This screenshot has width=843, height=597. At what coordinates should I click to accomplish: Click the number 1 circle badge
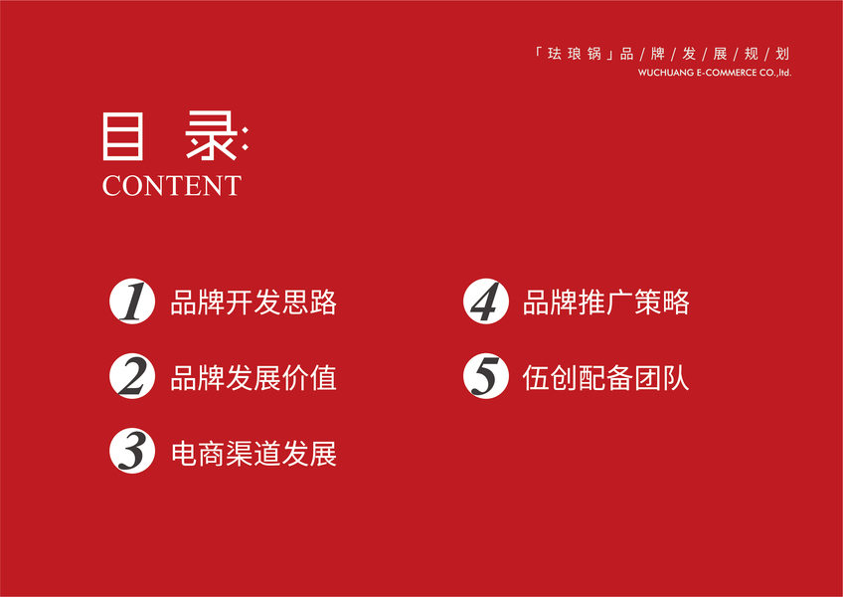pos(132,301)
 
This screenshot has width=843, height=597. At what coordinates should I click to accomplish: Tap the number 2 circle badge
pos(132,376)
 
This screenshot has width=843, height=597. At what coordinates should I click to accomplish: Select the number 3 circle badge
pos(132,451)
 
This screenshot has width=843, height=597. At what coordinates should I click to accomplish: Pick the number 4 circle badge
pos(486,301)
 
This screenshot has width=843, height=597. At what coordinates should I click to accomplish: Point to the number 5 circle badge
pos(486,376)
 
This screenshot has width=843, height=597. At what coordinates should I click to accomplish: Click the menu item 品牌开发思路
pos(253,302)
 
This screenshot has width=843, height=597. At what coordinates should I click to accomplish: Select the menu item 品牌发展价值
pos(253,378)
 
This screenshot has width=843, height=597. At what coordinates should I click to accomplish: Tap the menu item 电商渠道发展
pos(253,454)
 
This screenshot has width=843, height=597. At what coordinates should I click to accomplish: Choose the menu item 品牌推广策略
pos(606,302)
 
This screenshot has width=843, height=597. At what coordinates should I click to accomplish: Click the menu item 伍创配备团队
pos(606,378)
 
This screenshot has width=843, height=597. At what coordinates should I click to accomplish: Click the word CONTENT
pos(172,186)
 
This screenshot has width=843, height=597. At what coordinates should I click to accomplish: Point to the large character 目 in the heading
pos(123,136)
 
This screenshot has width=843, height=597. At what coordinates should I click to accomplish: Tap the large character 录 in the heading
pos(211,136)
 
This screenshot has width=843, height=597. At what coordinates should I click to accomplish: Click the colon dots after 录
pos(246,138)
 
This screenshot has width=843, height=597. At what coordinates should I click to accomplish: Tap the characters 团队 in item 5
pos(662,378)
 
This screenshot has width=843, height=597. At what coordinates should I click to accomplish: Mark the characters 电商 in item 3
pos(199,454)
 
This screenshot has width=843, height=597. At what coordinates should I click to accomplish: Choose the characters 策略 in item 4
pos(662,302)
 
